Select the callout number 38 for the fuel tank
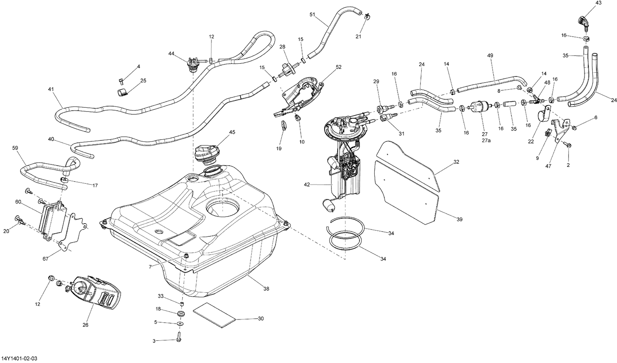click(x=266, y=289)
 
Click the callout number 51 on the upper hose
click(x=312, y=15)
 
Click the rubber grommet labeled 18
click(x=181, y=314)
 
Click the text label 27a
click(x=486, y=140)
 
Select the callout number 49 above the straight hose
click(x=490, y=55)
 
